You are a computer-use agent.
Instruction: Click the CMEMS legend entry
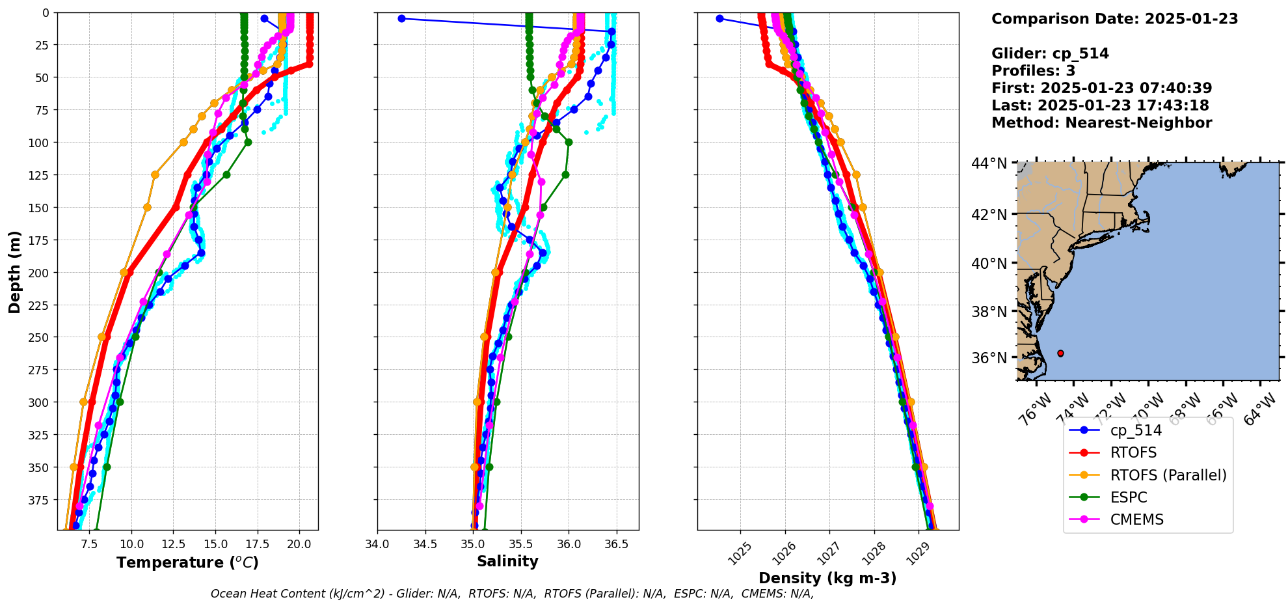[1136, 519]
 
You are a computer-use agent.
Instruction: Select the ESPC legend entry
[1129, 497]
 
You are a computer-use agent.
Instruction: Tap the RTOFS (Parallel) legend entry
[1168, 475]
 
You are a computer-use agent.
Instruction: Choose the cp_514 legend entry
[1135, 430]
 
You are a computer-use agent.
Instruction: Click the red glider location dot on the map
[1060, 353]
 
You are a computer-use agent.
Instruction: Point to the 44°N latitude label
[989, 163]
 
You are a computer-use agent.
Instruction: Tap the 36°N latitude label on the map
[989, 358]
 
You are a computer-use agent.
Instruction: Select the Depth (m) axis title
[14, 271]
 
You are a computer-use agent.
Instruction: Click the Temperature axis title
[187, 562]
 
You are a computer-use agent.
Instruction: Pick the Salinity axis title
[507, 561]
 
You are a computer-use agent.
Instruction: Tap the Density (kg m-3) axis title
[827, 578]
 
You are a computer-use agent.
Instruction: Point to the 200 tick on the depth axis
[40, 272]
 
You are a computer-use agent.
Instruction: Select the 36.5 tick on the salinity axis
[616, 544]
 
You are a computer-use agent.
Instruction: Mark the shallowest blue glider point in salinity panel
[401, 18]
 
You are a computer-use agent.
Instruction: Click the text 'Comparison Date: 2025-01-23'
[1114, 19]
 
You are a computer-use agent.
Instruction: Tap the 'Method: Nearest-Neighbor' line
[1101, 123]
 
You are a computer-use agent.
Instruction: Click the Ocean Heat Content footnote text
[512, 594]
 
